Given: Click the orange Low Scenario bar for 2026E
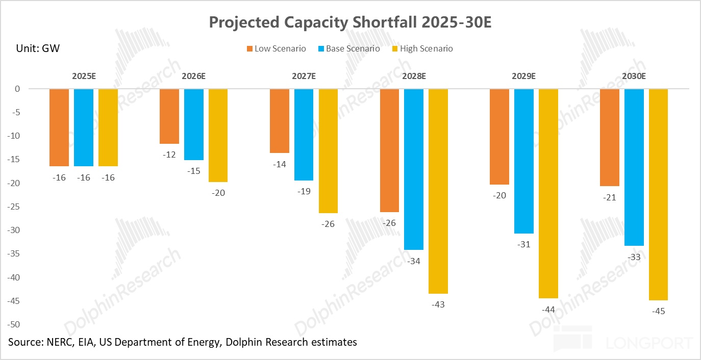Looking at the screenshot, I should (169, 116).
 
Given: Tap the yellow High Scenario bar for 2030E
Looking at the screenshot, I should (659, 194).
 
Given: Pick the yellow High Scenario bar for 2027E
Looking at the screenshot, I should (328, 151).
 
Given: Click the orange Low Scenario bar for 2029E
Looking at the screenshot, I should (499, 137).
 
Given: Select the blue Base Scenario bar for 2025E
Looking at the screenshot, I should (84, 127).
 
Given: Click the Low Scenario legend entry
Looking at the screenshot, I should (276, 49).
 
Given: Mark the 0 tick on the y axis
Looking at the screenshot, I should (17, 89).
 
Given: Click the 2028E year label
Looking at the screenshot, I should (414, 76).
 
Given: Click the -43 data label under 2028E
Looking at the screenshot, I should (438, 305).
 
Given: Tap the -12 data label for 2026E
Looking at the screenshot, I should (169, 155).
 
